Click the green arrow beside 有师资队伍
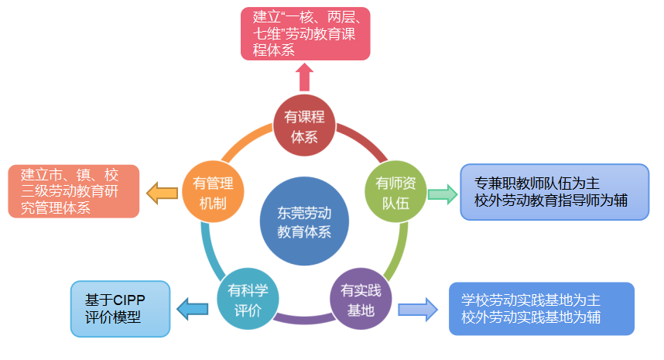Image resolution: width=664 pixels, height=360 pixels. pos(442,194)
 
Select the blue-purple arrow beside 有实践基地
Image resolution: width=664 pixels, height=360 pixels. pos(417,310)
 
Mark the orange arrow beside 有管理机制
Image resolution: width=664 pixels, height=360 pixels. pos(163,193)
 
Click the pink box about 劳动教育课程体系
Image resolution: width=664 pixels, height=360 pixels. pos(304,34)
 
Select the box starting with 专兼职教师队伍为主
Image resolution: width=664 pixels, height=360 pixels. pos(554,192)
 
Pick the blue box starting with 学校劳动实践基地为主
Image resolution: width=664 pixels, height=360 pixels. pos(541,308)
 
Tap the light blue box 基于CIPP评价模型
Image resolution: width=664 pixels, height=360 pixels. pos(119,308)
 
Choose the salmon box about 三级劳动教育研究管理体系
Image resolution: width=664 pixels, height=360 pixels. pos(74,190)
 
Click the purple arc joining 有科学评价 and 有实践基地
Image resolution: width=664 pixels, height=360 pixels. pos(304,318)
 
